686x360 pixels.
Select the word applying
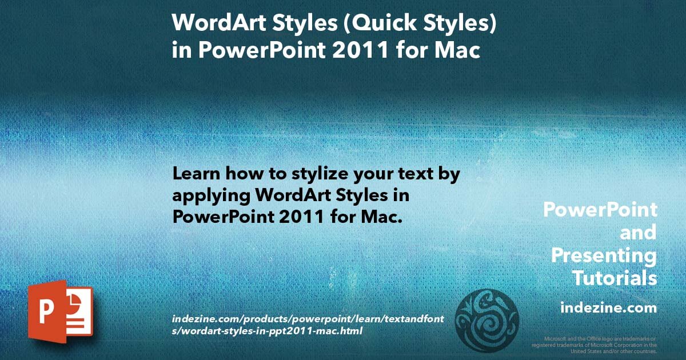pyautogui.click(x=211, y=195)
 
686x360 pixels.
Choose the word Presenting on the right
pyautogui.click(x=604, y=255)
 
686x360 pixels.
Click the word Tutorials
pyautogui.click(x=615, y=278)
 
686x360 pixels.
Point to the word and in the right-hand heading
pyautogui.click(x=638, y=233)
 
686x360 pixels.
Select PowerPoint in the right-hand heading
pyautogui.click(x=600, y=210)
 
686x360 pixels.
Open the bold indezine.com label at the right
pyautogui.click(x=608, y=308)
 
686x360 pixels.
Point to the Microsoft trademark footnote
pyautogui.click(x=594, y=345)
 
